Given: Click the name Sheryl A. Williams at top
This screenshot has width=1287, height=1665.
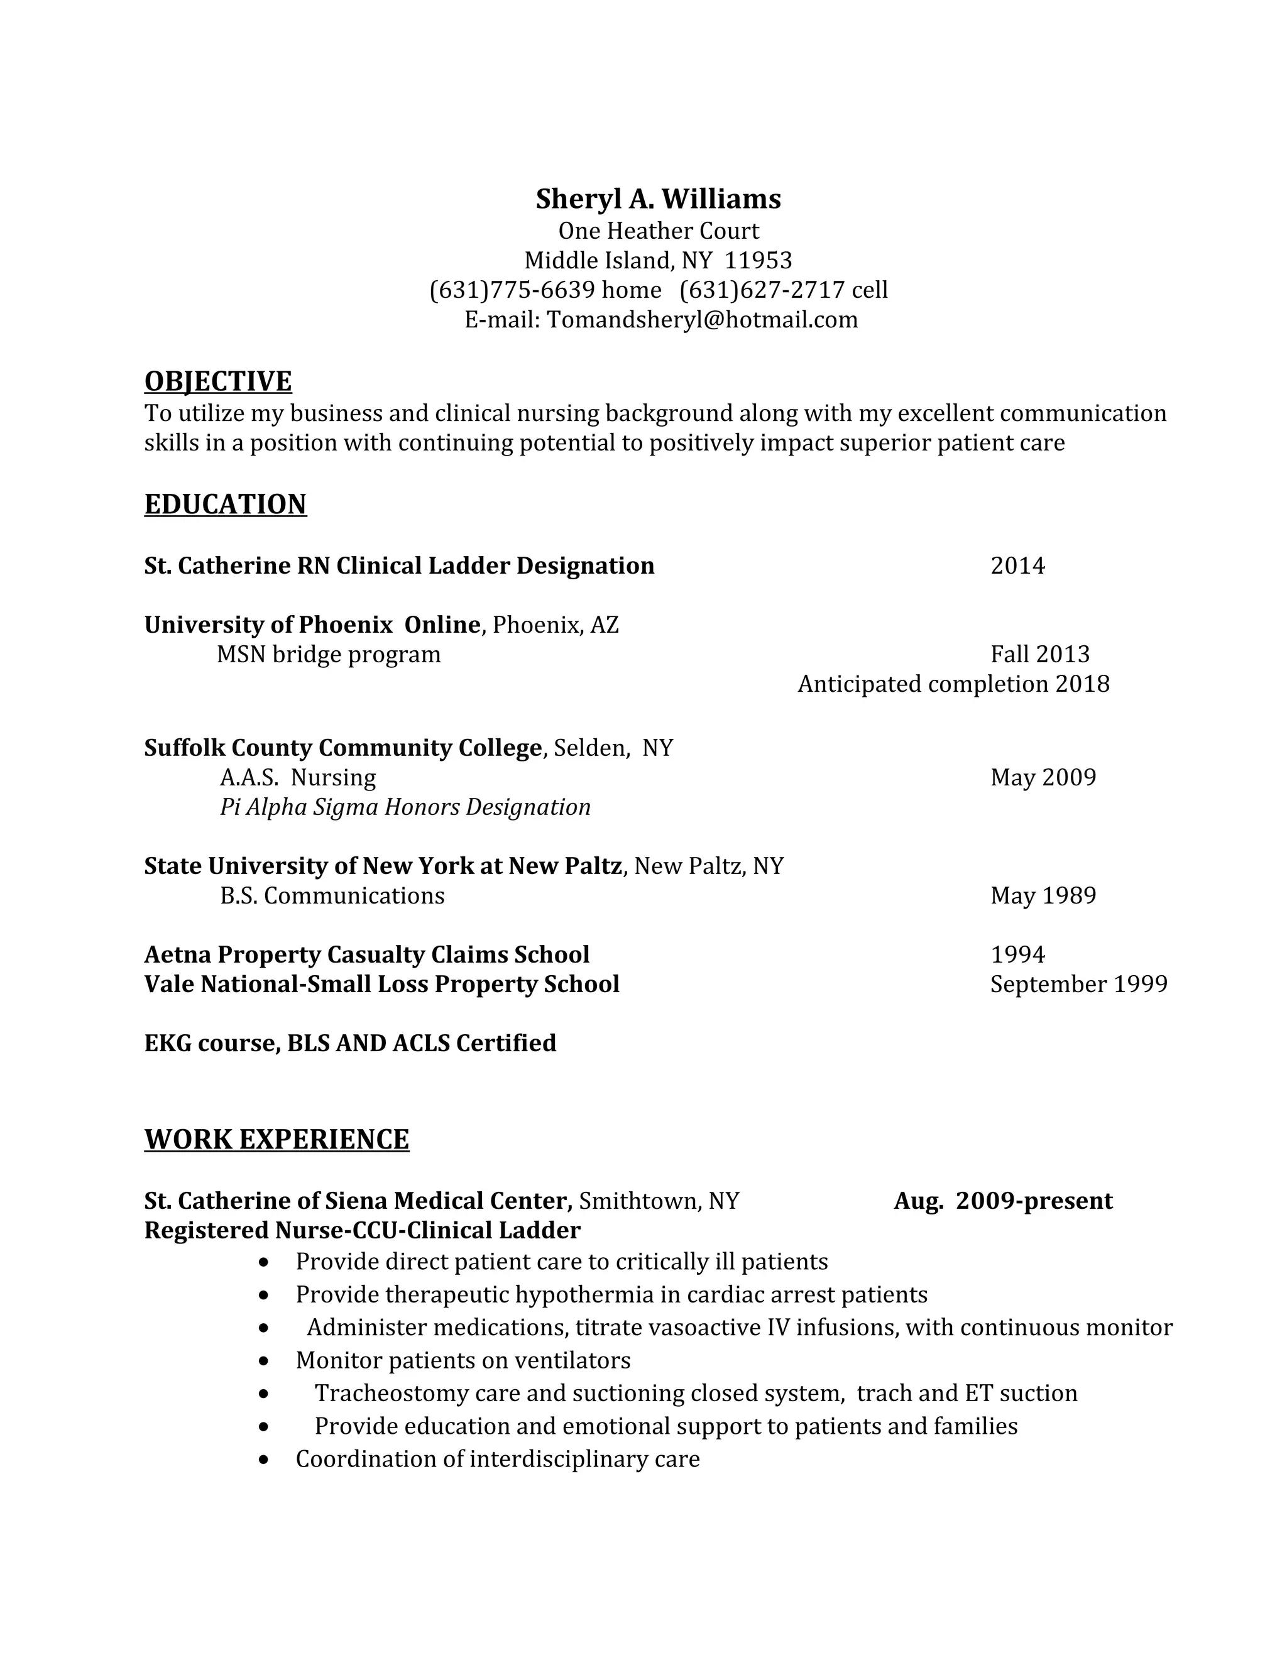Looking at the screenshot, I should pos(658,199).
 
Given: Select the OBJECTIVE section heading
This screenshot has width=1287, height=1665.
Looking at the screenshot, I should pos(218,381).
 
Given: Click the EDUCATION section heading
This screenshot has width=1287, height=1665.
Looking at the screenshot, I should pos(226,504).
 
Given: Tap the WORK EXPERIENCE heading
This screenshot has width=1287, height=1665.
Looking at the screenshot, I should pos(277,1139).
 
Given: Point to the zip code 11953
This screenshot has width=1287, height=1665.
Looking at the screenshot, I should pos(758,261).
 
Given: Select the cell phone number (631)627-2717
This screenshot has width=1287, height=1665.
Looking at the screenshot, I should pos(762,290).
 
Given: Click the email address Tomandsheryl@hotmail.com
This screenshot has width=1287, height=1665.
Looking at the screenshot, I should pos(702,319).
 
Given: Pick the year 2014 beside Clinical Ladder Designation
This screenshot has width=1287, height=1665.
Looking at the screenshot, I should pos(1017,565).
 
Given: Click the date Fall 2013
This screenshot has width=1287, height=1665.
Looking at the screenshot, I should pos(1040,654).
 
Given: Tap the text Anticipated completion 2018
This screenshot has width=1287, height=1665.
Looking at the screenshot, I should pos(953,684).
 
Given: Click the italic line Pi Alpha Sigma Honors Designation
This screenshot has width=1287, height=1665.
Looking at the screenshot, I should pos(405,807).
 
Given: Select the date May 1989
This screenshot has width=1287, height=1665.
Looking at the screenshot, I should pos(1043,895).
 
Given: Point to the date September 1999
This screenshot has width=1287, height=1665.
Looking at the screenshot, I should pos(1079,984).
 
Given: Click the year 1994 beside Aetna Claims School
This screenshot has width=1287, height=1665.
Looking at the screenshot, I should pos(1017,954).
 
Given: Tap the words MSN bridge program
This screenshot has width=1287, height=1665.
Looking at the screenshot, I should pos(329,654).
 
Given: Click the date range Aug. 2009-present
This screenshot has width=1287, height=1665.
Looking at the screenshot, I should pos(1002,1201).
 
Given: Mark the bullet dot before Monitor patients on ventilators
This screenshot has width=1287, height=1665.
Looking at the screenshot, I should pos(264,1361).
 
